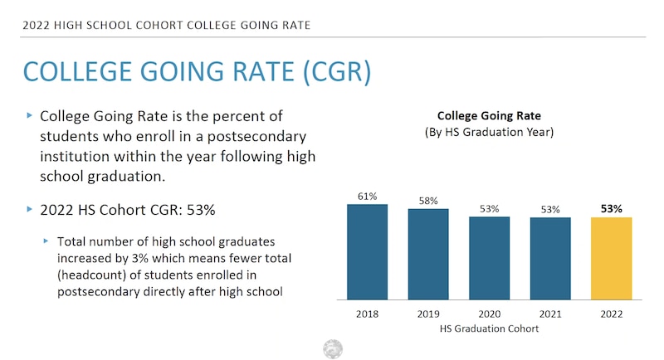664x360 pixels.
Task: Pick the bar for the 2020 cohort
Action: click(x=489, y=258)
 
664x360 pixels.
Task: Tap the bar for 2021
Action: click(x=550, y=258)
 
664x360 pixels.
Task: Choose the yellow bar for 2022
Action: click(x=612, y=258)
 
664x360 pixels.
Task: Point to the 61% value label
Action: click(x=368, y=197)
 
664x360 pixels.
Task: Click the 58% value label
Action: click(x=428, y=202)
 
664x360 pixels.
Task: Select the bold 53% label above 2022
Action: click(x=612, y=209)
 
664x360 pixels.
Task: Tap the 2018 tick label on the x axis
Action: click(x=368, y=315)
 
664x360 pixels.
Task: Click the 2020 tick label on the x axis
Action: click(x=489, y=315)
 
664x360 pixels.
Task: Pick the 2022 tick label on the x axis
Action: click(x=612, y=315)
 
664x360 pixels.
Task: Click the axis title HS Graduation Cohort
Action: click(x=489, y=329)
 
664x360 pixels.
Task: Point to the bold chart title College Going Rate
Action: click(x=489, y=116)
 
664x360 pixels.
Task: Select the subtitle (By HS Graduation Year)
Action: click(x=489, y=132)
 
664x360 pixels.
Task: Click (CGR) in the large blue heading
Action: click(x=325, y=71)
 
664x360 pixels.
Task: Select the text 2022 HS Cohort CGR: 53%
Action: click(x=128, y=210)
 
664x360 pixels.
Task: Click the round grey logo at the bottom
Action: click(x=333, y=348)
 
